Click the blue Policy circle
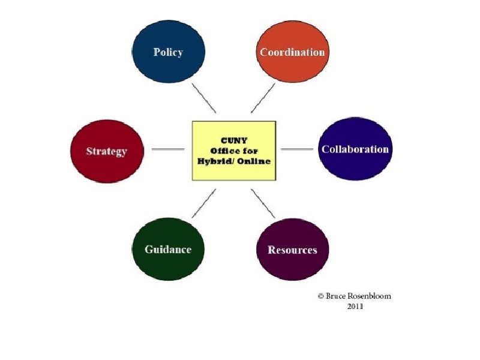[168, 52]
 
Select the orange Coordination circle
[292, 52]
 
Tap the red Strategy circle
[106, 151]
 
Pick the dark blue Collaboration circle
[355, 149]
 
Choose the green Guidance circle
[168, 249]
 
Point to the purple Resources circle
[292, 250]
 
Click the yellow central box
[234, 150]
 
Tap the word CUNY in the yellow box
[234, 139]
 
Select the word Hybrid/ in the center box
[215, 161]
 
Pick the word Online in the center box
[255, 161]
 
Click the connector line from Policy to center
[204, 98]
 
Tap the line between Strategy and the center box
[169, 149]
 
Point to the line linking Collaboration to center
[297, 149]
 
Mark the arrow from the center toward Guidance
[203, 203]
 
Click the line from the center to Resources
[263, 203]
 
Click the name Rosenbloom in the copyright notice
[370, 296]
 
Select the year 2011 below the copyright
[355, 306]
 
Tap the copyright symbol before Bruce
[321, 296]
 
